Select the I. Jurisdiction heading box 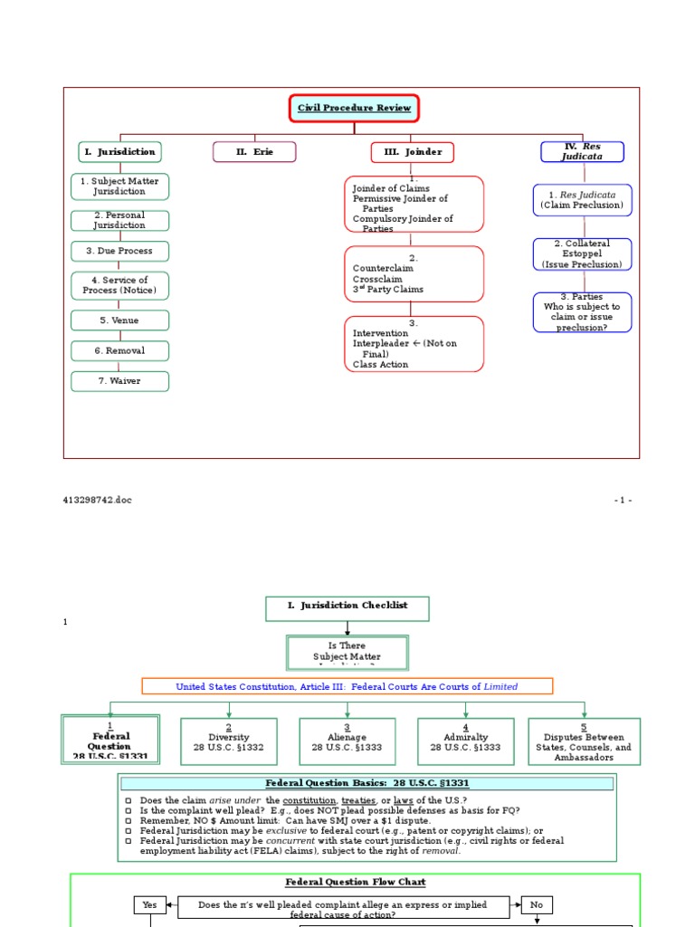(x=119, y=152)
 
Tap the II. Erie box (x=254, y=152)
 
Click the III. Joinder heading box (x=412, y=152)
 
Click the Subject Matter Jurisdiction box (x=119, y=186)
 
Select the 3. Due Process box (x=119, y=251)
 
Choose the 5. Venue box (x=119, y=320)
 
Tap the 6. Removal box (x=119, y=350)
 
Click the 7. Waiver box (x=119, y=381)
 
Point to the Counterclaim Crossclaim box (x=414, y=274)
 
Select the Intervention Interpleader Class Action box (x=414, y=344)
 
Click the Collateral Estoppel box (x=582, y=254)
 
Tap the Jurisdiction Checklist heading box (x=347, y=608)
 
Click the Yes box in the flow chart (x=149, y=904)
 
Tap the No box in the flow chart (x=537, y=904)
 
